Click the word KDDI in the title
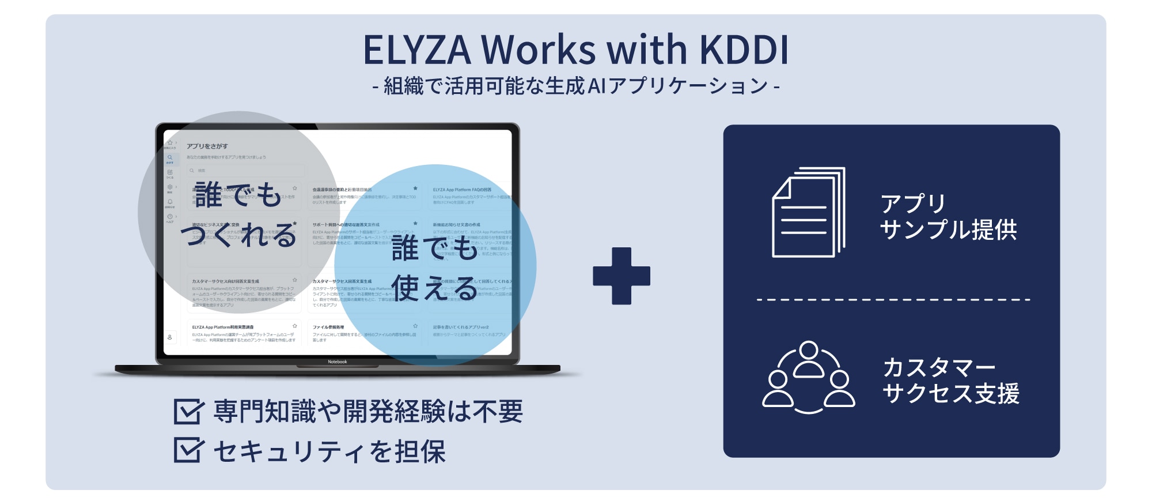[x=744, y=50]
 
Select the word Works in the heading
[x=539, y=50]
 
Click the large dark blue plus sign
[x=622, y=276]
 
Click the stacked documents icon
[x=808, y=212]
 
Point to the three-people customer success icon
[x=808, y=377]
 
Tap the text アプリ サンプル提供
[x=948, y=217]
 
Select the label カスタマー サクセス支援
[x=950, y=381]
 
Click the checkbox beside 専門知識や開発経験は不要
[x=188, y=412]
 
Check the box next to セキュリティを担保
[x=188, y=450]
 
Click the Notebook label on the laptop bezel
[x=338, y=362]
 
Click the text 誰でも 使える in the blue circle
[x=435, y=268]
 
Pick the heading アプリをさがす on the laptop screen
[x=207, y=146]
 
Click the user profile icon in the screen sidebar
[x=170, y=337]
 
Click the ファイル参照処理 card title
[x=328, y=327]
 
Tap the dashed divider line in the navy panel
[x=893, y=300]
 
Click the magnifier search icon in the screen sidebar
[x=170, y=157]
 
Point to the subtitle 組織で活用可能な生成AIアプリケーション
[x=576, y=86]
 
